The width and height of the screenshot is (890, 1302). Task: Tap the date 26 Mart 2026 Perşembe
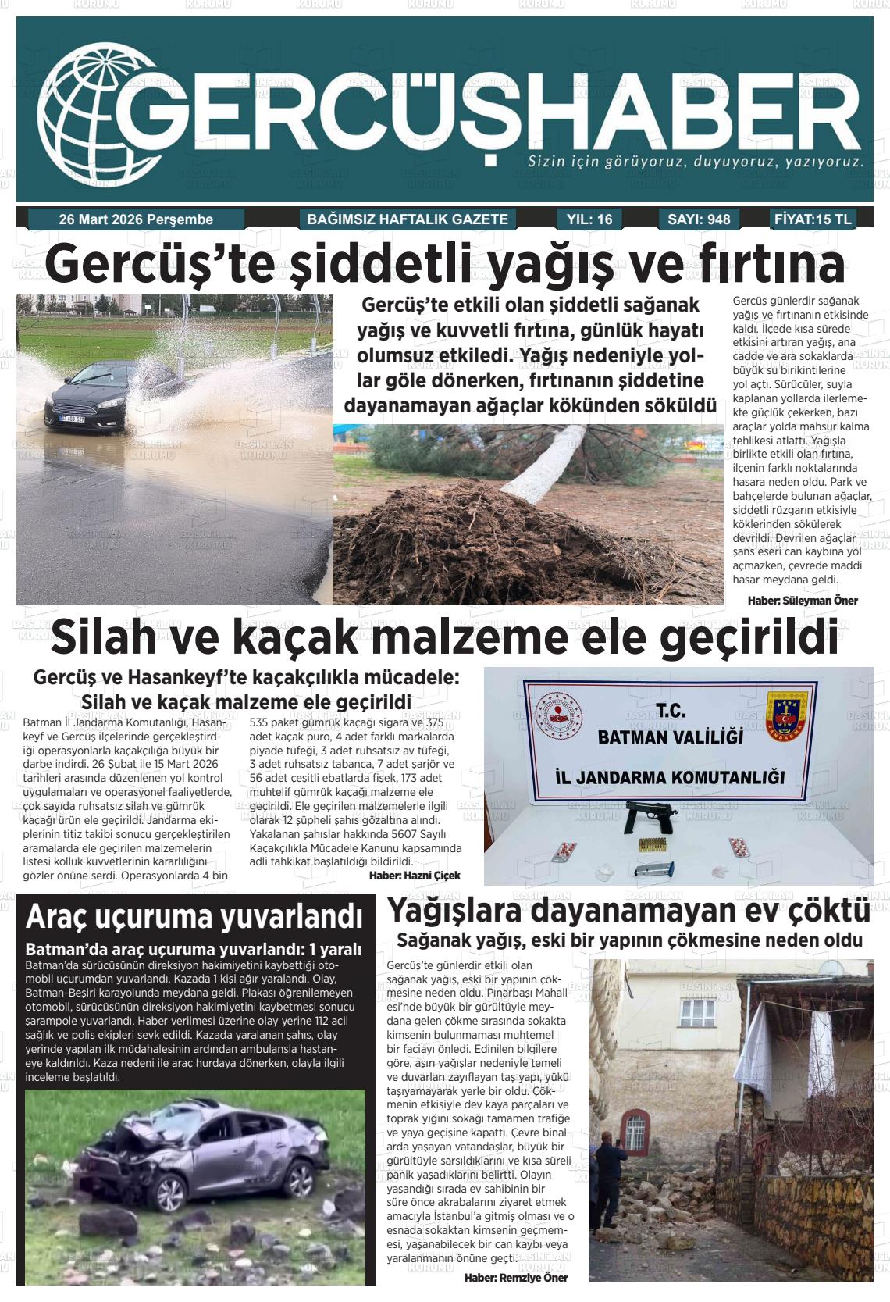pyautogui.click(x=136, y=219)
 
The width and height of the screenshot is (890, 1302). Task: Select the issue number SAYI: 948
pyautogui.click(x=699, y=219)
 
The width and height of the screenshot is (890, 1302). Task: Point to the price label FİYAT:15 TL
pyautogui.click(x=813, y=219)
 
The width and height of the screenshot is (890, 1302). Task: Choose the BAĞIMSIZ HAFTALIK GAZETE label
pyautogui.click(x=408, y=219)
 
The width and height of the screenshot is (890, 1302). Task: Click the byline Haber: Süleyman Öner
pyautogui.click(x=803, y=601)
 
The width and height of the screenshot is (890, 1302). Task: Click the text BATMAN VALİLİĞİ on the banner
pyautogui.click(x=669, y=737)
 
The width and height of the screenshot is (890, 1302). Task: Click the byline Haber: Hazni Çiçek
pyautogui.click(x=415, y=876)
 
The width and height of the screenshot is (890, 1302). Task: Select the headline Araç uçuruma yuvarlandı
pyautogui.click(x=194, y=918)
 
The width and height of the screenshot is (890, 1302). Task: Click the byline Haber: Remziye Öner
pyautogui.click(x=515, y=1278)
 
